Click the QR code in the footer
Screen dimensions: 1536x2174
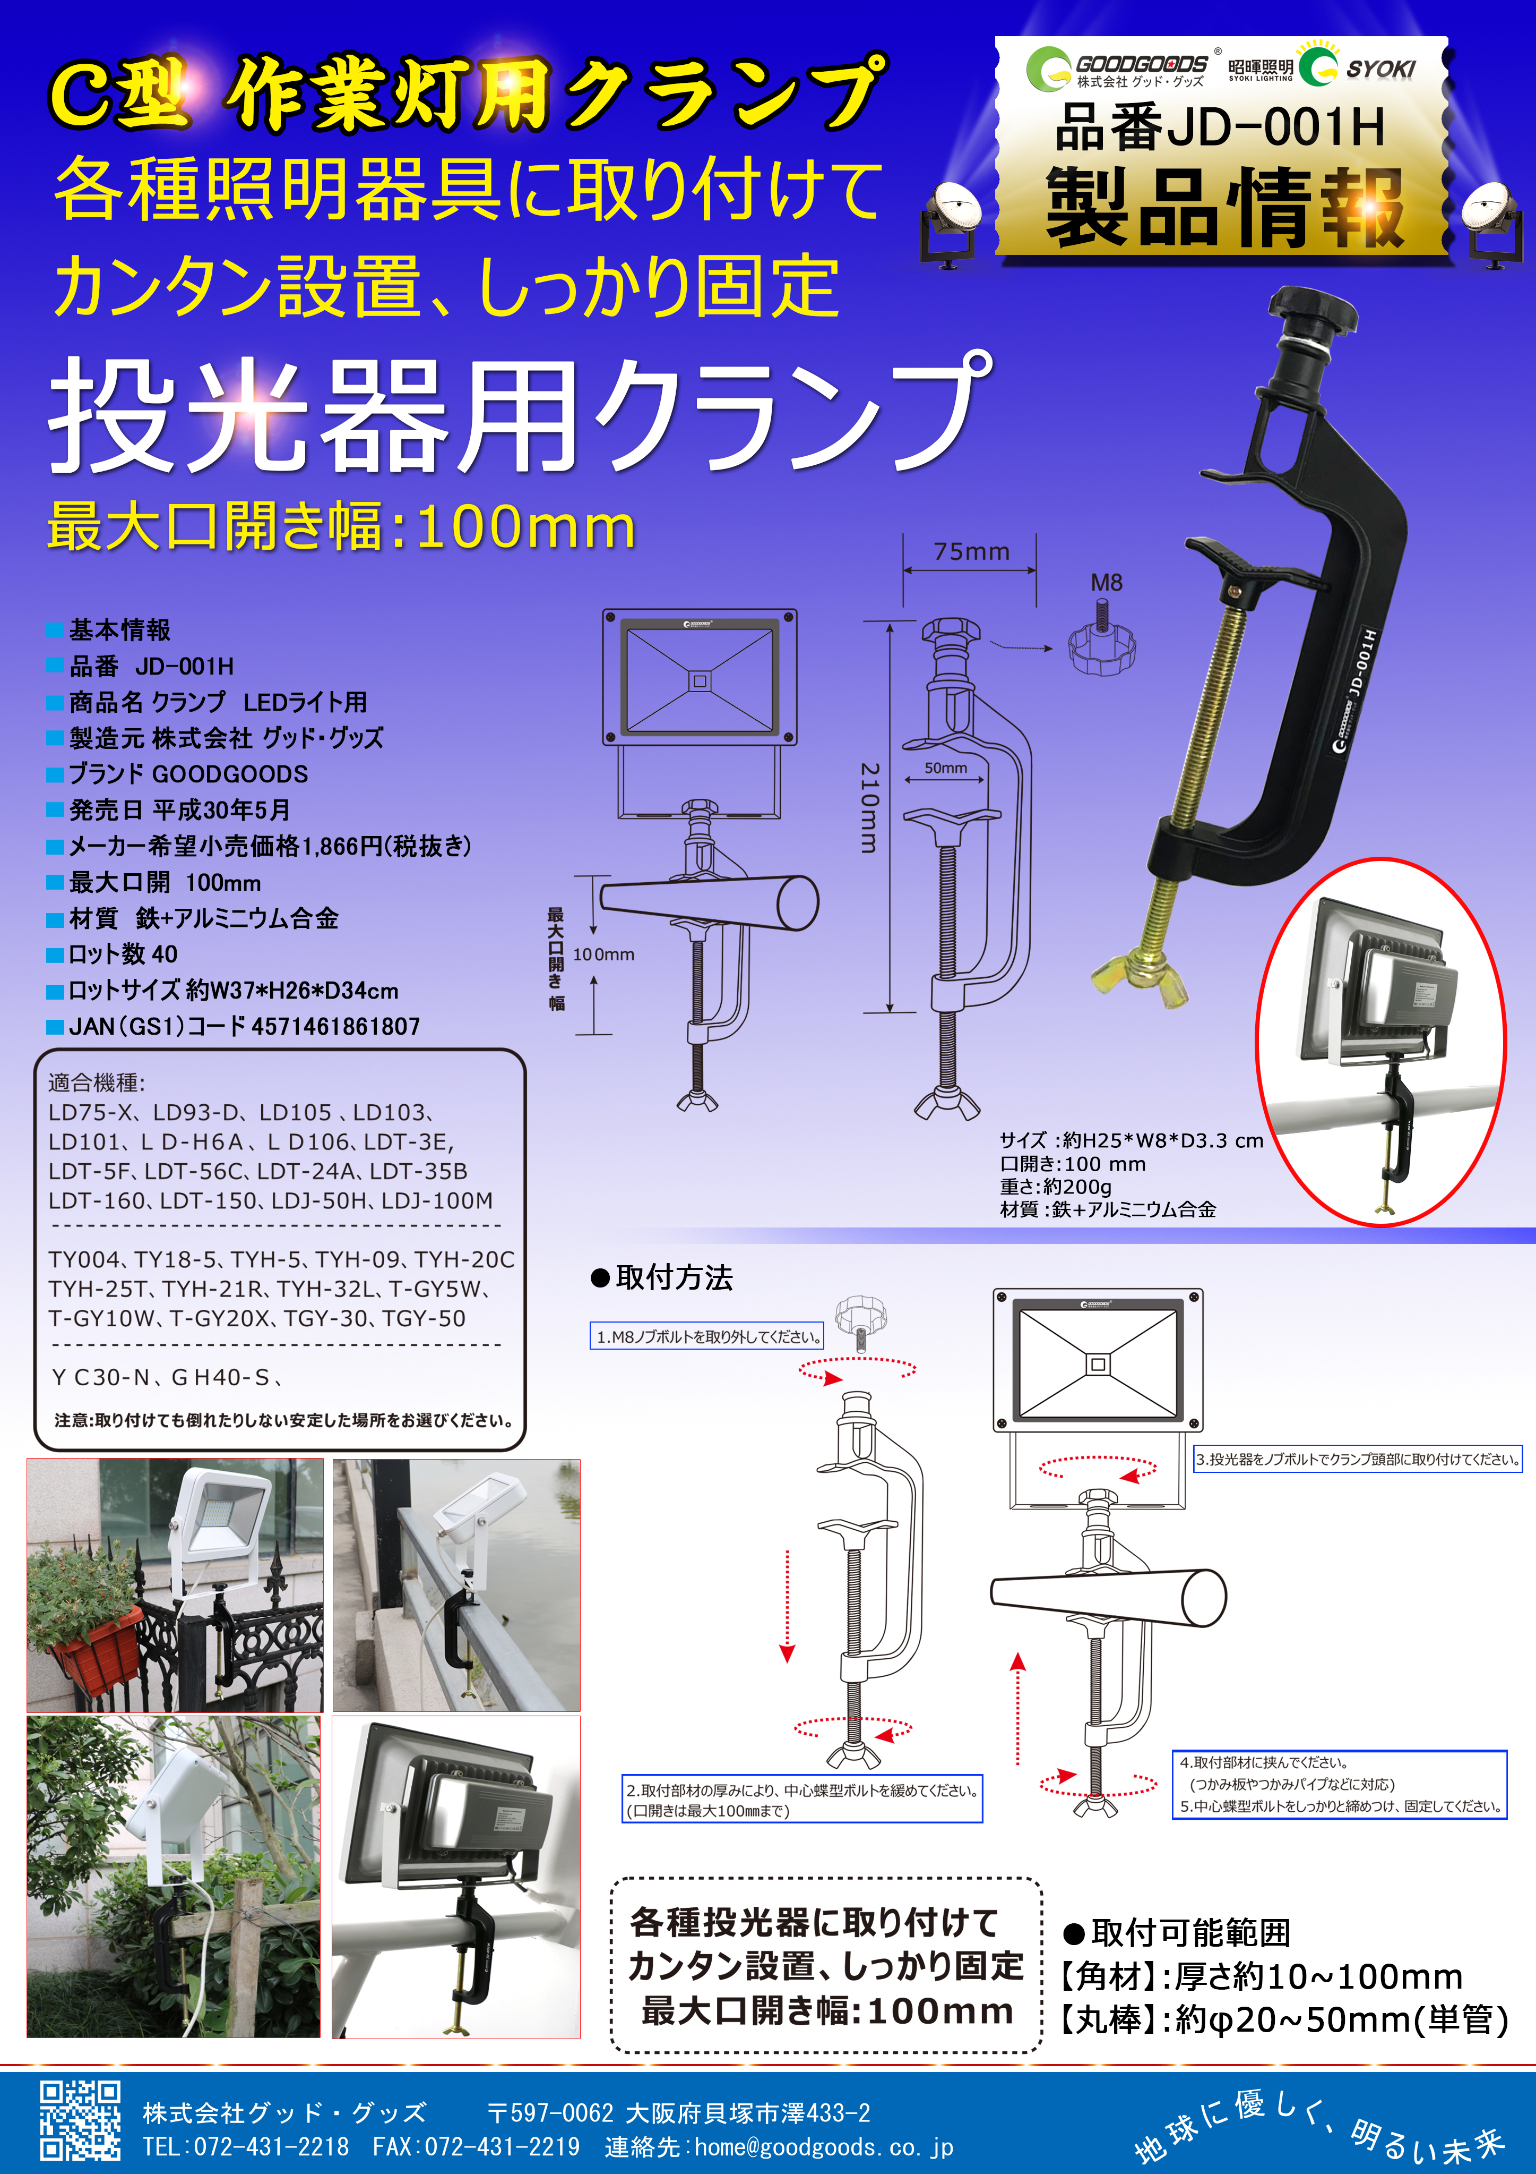[x=81, y=2119]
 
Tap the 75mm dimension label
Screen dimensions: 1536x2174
[x=971, y=551]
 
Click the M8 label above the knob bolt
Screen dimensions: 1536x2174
[x=1106, y=582]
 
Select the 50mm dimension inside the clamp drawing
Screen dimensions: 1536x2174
[x=945, y=768]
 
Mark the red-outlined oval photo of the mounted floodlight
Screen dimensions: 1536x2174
[x=1380, y=1042]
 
